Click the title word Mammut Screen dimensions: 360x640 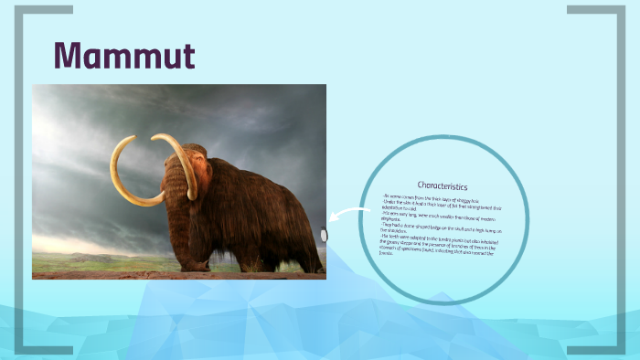(123, 56)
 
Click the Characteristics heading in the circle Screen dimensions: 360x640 (443, 185)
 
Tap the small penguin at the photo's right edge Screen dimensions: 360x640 (324, 235)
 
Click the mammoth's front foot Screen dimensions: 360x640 (193, 264)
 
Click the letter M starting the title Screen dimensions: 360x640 (69, 56)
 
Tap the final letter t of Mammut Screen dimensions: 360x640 (187, 56)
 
